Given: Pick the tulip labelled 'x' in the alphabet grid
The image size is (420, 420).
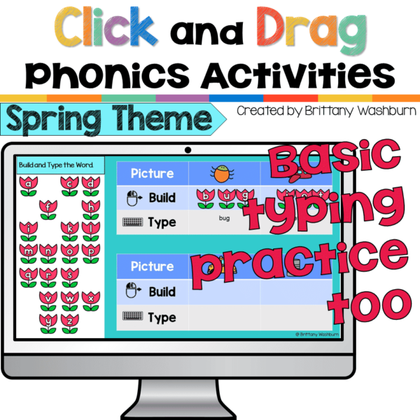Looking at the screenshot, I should coord(91,299).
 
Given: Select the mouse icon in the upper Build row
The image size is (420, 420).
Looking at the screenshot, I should coord(134,198).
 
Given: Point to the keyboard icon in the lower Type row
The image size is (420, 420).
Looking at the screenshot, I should coord(133,318).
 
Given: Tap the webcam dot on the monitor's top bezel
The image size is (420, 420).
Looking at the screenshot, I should coord(188,150).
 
